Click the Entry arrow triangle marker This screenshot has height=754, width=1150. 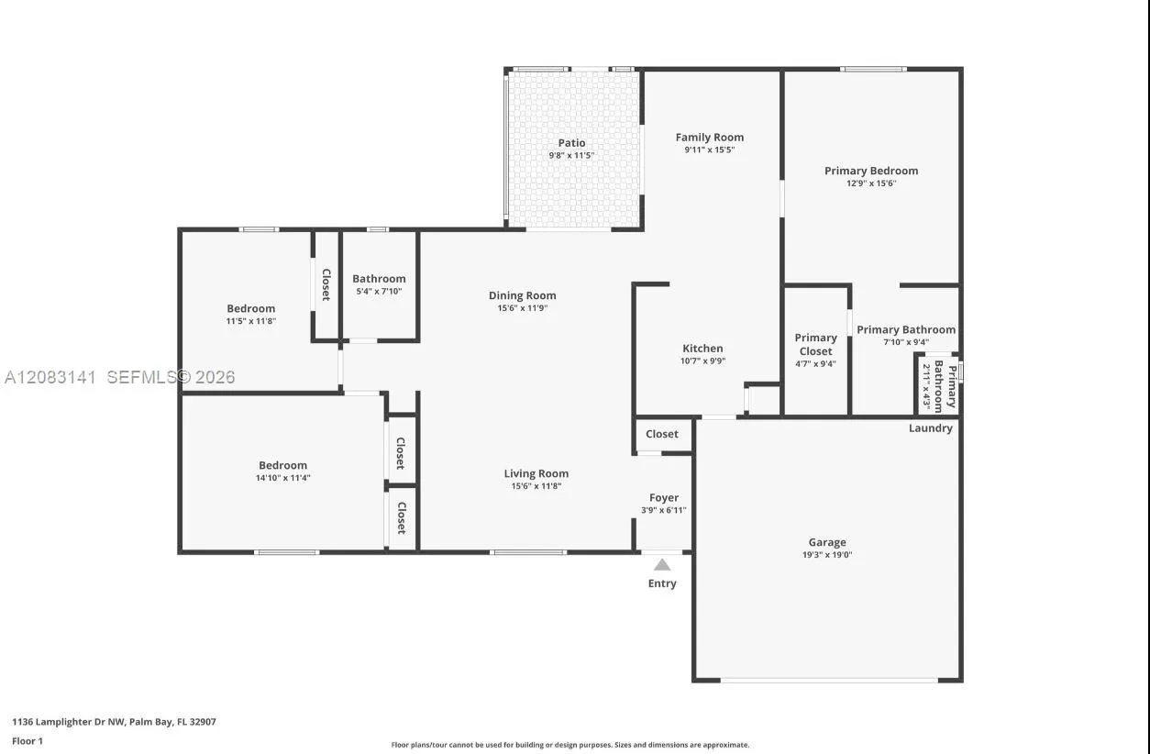click(x=662, y=565)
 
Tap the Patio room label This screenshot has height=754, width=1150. click(x=571, y=143)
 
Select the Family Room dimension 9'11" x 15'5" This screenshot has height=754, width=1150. click(x=710, y=150)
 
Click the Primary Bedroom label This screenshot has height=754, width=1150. click(x=871, y=171)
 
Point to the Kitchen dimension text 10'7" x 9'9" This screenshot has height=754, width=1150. click(x=702, y=361)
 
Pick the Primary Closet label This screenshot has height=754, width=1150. click(x=816, y=345)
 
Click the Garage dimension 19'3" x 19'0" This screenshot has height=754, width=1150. click(x=827, y=555)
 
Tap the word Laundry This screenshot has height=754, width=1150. click(x=930, y=428)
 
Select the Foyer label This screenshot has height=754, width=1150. click(x=664, y=498)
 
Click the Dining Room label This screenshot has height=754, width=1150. click(x=522, y=295)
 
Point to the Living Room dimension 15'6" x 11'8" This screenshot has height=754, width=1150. click(x=536, y=486)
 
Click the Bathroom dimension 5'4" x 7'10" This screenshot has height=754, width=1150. click(x=379, y=291)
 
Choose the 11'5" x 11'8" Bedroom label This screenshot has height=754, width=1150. click(x=251, y=309)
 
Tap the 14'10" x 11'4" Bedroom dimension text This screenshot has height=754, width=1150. click(x=282, y=478)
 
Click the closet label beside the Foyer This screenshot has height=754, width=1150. click(x=662, y=434)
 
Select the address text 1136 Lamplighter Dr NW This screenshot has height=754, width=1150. click(x=68, y=722)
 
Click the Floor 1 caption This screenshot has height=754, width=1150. click(x=28, y=741)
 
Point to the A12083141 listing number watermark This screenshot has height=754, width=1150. click(x=50, y=378)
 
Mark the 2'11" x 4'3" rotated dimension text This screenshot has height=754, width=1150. click(x=926, y=386)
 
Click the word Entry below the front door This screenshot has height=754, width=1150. click(x=662, y=583)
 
